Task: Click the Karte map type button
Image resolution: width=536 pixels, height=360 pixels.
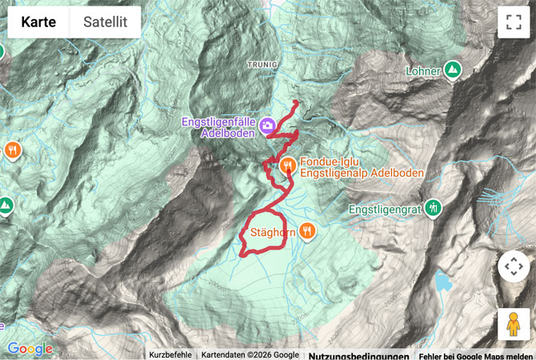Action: [x=38, y=22]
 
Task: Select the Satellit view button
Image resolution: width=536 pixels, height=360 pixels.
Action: [x=105, y=22]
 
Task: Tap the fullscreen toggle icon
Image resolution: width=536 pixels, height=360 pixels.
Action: [x=513, y=22]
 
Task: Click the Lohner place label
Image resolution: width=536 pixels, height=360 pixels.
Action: [x=423, y=71]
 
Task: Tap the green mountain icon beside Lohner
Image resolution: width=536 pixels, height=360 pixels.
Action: [x=453, y=70]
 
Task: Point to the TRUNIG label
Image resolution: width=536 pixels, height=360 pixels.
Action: [x=262, y=64]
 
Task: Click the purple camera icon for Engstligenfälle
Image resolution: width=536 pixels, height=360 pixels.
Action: [x=267, y=126]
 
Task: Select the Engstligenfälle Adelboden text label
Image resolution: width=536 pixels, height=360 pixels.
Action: [x=218, y=127]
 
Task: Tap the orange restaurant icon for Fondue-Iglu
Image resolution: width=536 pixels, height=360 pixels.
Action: [x=288, y=166]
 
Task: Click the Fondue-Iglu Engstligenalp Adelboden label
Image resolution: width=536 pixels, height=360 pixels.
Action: [x=361, y=166]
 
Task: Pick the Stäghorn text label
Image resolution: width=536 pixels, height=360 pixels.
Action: [x=268, y=233]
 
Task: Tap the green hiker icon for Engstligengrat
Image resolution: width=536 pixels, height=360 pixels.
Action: [x=433, y=208]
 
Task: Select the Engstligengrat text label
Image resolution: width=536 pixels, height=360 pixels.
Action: [x=386, y=209]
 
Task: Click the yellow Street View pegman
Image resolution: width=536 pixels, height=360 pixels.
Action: [x=513, y=324]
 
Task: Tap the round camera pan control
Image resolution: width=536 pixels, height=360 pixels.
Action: [x=513, y=267]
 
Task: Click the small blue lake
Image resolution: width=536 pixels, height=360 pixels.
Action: [x=442, y=280]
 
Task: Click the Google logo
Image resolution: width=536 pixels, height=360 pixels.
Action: [x=30, y=349]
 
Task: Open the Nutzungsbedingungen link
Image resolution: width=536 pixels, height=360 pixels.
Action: [x=358, y=355]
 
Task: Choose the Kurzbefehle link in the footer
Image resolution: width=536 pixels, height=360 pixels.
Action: [x=170, y=355]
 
